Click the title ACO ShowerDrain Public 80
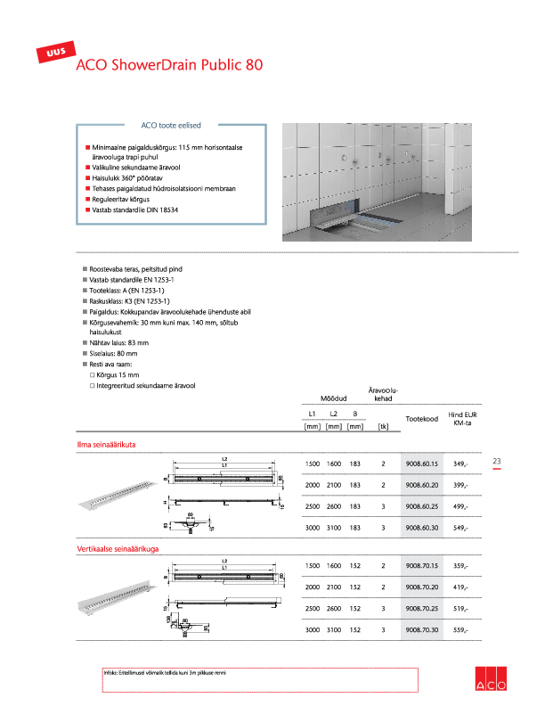[169, 65]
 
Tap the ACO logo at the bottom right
[491, 677]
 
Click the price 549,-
[460, 528]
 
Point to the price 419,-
[460, 587]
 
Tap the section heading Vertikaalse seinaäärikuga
[118, 549]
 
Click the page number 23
[497, 461]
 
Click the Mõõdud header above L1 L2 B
[333, 398]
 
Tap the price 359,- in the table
[460, 567]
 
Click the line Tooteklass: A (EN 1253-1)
[127, 291]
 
